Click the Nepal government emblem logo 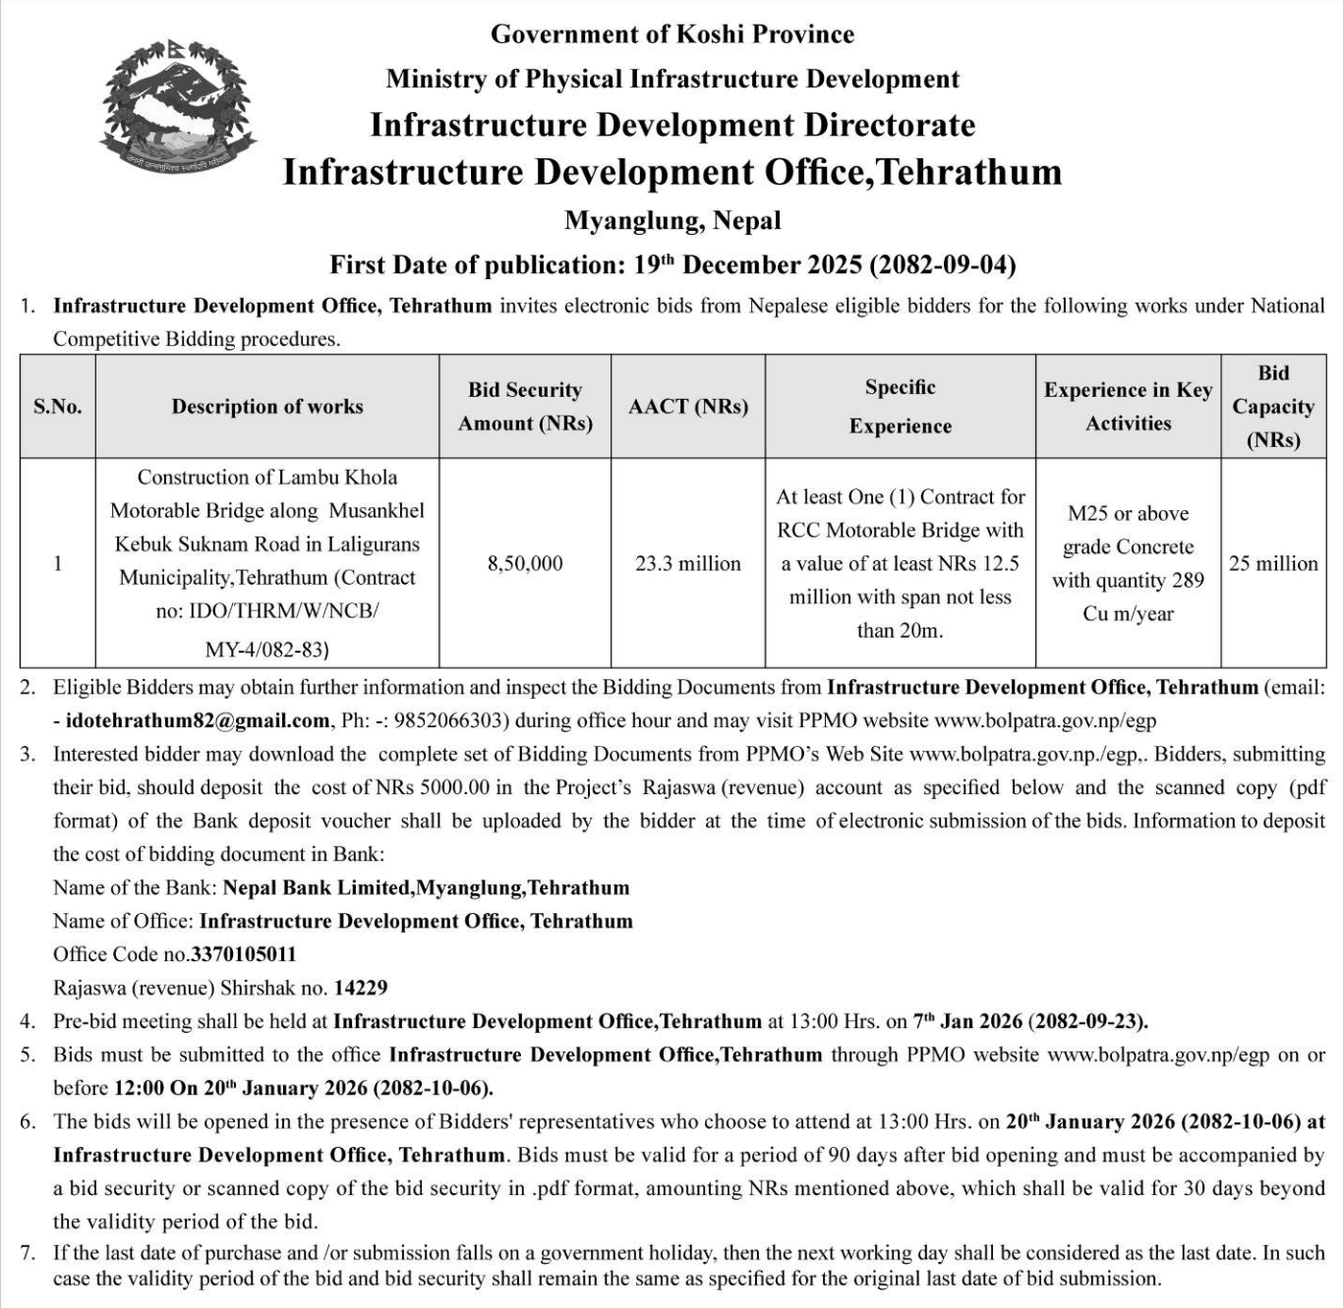point(177,108)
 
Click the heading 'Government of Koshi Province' point(672,34)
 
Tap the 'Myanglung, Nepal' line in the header point(672,220)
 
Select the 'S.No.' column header point(58,407)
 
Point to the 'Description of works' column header point(267,407)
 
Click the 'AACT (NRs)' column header point(688,407)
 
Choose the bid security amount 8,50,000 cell point(525,563)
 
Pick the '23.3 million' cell point(688,563)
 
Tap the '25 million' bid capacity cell point(1273,563)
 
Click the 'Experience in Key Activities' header point(1128,407)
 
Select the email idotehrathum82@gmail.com point(198,720)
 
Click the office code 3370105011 point(244,954)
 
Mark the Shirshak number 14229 point(361,988)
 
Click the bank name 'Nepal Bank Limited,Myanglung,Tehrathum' point(426,887)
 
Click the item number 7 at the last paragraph point(28,1253)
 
